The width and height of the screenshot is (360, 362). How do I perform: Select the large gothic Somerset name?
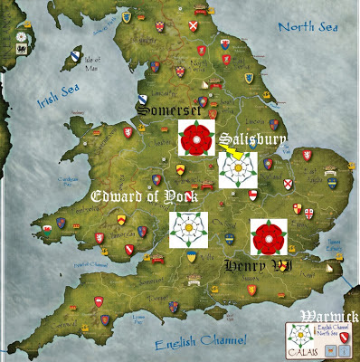click(173, 110)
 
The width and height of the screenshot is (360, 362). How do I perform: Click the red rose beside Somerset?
click(195, 138)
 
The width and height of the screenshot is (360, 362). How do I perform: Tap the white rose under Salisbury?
click(238, 169)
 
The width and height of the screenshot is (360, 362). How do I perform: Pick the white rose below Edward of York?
click(189, 229)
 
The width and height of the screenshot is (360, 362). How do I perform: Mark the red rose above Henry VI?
click(269, 237)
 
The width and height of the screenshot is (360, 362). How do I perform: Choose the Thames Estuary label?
click(327, 239)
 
